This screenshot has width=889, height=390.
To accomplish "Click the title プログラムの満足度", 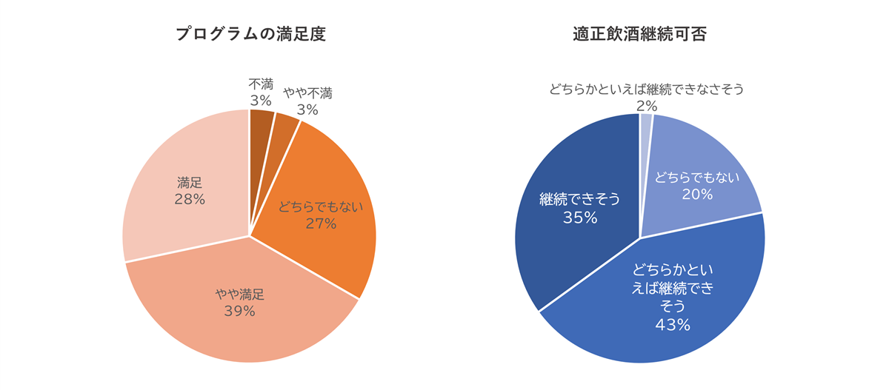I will point(250,35).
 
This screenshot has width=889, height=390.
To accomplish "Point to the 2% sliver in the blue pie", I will point(645,126).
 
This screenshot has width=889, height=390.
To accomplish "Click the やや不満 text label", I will point(307,94).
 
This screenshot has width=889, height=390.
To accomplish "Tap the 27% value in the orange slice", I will point(321,223).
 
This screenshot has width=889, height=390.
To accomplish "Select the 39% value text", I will point(239,311).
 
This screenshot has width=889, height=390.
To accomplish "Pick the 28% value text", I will point(190,199).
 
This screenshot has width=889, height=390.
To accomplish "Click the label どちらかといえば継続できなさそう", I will point(646,90).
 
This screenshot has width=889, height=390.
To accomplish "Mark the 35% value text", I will point(579,217).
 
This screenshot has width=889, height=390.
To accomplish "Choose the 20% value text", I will point(697,195).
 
